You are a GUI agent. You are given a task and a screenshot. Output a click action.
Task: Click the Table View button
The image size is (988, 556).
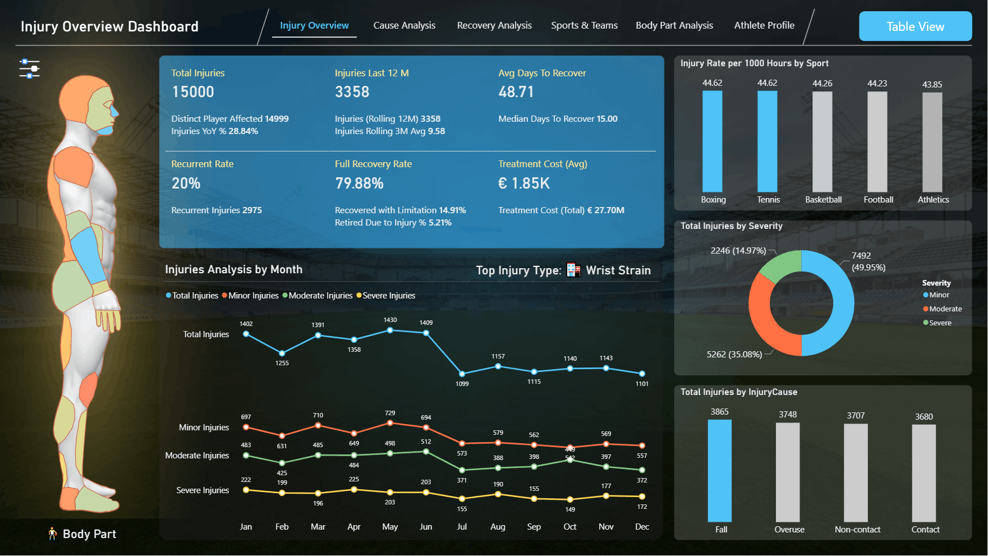[x=915, y=26]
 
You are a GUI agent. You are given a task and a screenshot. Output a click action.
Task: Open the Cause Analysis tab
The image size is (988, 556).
[x=404, y=25]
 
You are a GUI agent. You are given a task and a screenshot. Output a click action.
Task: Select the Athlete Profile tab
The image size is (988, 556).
[x=764, y=25]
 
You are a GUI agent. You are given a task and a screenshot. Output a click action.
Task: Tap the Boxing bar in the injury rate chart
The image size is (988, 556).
[x=713, y=141]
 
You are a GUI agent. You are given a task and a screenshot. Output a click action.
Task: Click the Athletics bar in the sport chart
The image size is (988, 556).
[x=932, y=143]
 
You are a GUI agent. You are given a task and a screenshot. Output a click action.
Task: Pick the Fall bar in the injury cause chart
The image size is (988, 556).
[x=720, y=471]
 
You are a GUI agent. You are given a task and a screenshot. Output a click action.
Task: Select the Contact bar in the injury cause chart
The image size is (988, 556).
[x=924, y=473]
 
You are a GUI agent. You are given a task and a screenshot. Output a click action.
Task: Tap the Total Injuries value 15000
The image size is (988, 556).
[x=193, y=92]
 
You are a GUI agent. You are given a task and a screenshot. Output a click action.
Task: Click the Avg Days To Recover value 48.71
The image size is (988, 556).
[x=516, y=92]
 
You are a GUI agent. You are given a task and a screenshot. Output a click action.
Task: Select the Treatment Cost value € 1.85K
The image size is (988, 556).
[x=524, y=183]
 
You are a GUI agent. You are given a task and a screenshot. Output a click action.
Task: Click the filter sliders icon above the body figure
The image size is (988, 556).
[x=29, y=68]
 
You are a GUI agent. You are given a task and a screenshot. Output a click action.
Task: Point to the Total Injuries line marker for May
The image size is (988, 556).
[x=390, y=330]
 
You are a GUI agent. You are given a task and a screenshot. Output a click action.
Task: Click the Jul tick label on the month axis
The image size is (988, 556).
[x=462, y=527]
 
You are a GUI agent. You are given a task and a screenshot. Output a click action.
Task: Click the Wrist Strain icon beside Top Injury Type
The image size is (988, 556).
[x=573, y=270]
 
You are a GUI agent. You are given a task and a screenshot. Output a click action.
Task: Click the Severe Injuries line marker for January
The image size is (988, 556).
[x=246, y=490]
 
